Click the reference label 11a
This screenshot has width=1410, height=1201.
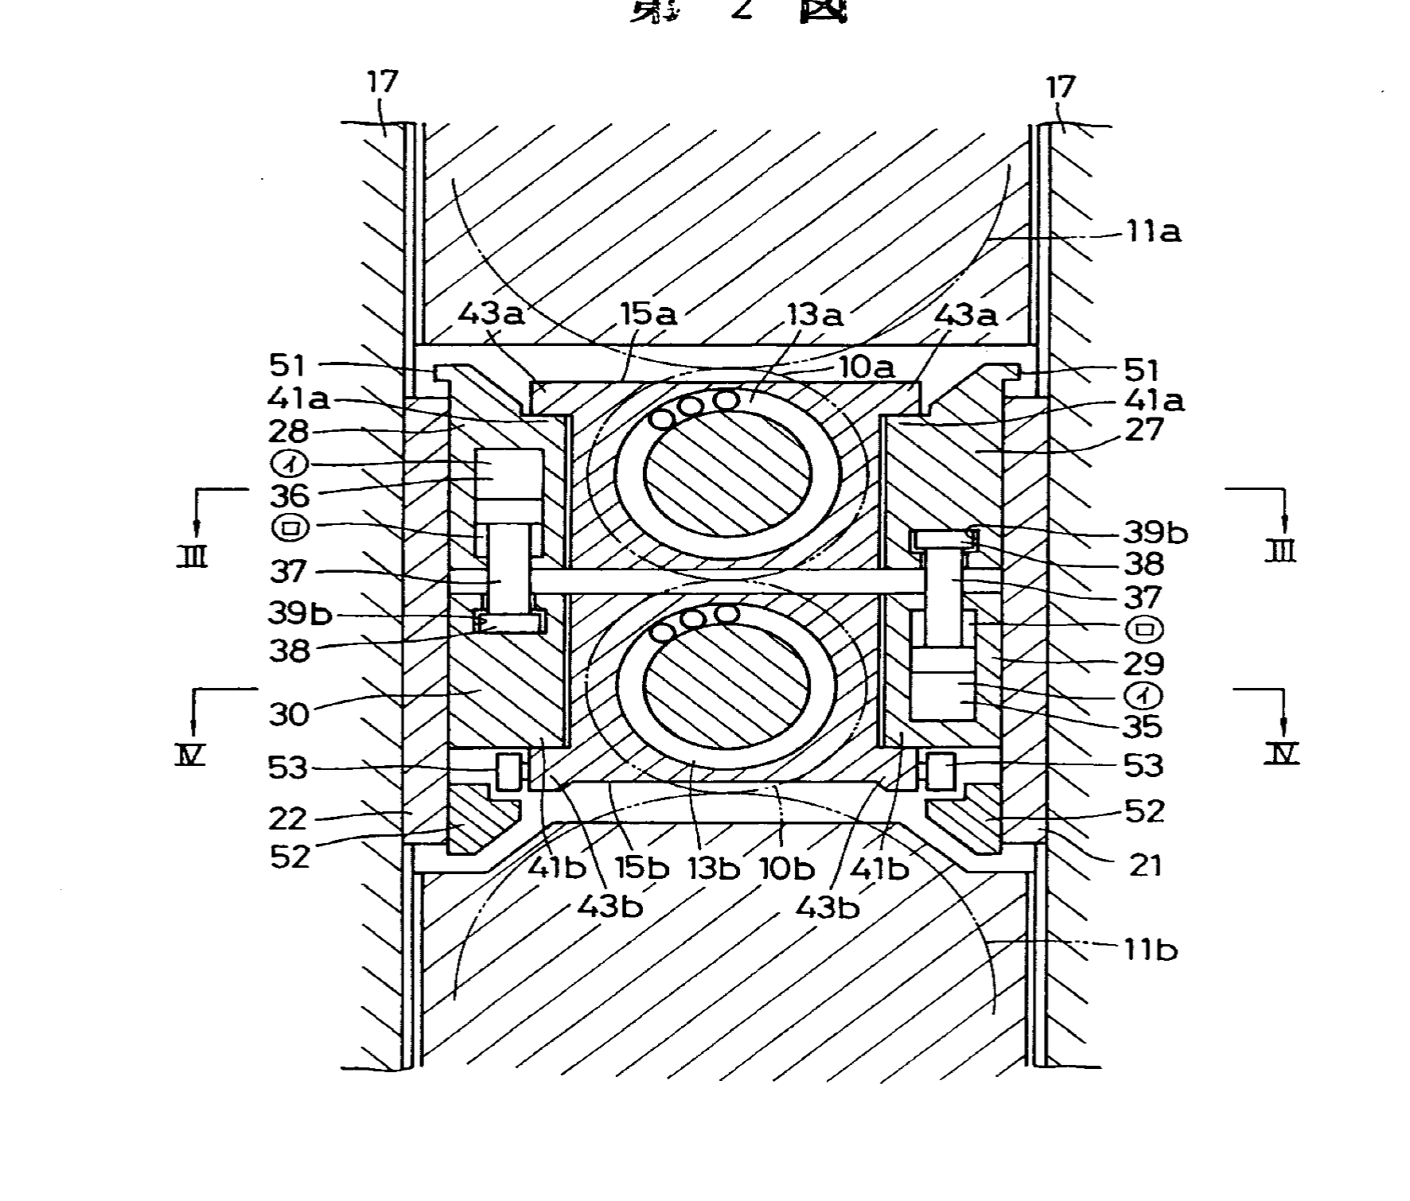click(x=1153, y=232)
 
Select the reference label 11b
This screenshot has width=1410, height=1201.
click(x=1151, y=950)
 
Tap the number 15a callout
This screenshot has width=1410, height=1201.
click(x=649, y=314)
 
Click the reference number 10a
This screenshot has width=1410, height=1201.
click(x=867, y=367)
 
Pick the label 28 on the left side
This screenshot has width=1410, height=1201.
click(x=289, y=431)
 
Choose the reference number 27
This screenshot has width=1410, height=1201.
click(x=1143, y=429)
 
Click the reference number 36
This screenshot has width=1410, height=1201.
click(x=289, y=496)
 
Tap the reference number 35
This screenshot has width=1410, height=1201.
click(x=1143, y=725)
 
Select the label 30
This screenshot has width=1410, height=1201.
click(x=289, y=713)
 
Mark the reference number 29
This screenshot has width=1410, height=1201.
click(x=1143, y=663)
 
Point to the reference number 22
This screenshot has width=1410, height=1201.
click(x=288, y=818)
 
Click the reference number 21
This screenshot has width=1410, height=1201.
click(x=1146, y=865)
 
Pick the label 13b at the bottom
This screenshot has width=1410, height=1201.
click(x=713, y=869)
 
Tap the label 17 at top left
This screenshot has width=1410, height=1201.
click(x=383, y=81)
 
